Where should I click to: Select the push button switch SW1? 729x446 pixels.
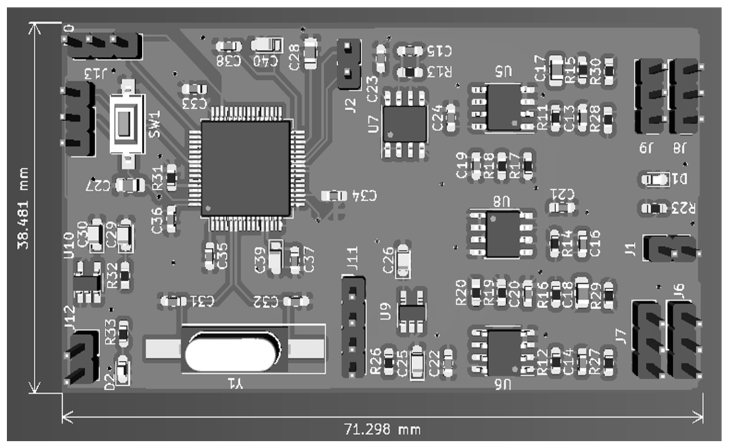point(126,123)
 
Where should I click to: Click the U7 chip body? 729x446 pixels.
point(403,124)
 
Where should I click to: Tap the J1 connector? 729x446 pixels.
point(670,248)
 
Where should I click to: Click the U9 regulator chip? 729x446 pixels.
point(411,311)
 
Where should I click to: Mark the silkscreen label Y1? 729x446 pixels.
point(234,384)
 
